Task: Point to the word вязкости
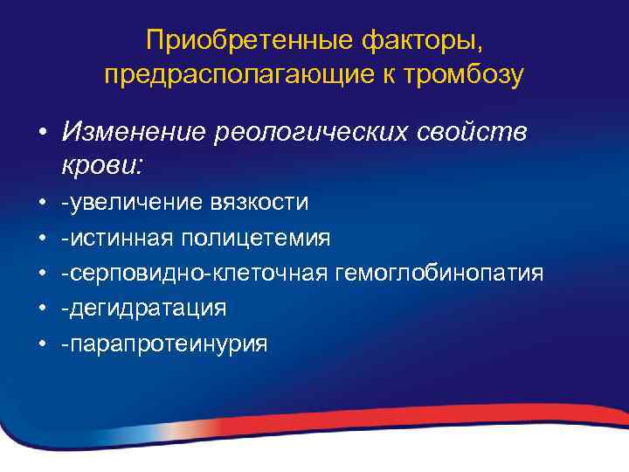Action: (259, 204)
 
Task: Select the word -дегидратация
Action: (143, 309)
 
